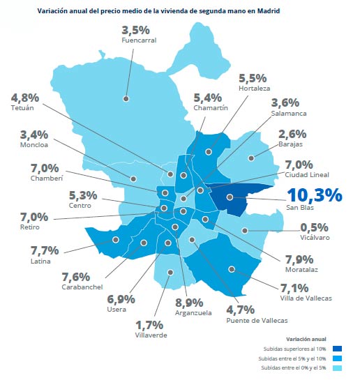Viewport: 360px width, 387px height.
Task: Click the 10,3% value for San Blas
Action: click(315, 195)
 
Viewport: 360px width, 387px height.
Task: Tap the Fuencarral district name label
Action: click(139, 40)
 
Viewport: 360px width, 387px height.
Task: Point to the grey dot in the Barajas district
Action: click(251, 158)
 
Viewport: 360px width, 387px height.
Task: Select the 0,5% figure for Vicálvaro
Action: click(314, 227)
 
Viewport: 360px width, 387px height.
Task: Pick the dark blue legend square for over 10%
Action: click(337, 349)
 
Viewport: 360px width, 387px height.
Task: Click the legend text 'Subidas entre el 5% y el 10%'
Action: click(292, 358)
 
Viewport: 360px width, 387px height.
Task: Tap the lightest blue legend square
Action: click(337, 367)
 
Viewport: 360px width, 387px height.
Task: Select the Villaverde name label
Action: click(151, 335)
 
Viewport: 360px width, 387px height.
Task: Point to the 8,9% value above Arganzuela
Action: click(189, 303)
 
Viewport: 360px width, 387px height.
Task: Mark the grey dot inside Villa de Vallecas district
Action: click(232, 269)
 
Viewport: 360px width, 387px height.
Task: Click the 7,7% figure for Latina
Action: click(45, 250)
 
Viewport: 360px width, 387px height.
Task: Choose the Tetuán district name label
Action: click(22, 108)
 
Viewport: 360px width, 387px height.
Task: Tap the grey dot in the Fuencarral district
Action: click(126, 99)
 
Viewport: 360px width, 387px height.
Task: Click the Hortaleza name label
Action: click(254, 89)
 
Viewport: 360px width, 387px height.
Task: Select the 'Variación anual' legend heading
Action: click(306, 339)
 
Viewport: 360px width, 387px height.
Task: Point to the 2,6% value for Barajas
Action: click(292, 135)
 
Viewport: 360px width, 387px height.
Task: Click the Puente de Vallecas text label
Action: click(257, 320)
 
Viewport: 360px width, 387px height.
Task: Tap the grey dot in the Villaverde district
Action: click(170, 272)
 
